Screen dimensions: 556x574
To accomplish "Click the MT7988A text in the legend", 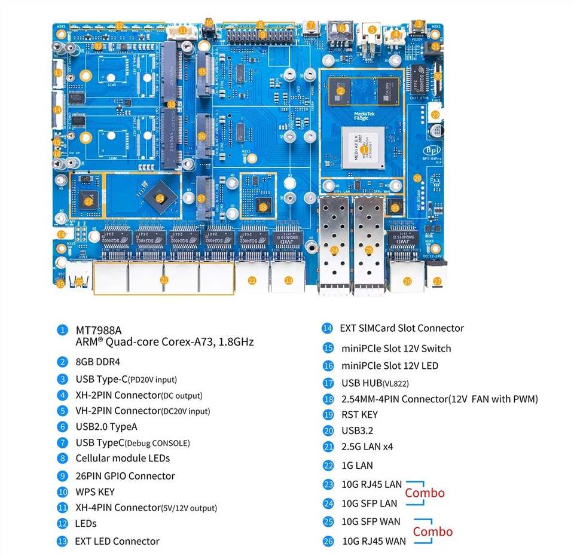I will click(x=99, y=330).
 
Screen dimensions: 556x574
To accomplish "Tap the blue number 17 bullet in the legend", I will click(x=328, y=383).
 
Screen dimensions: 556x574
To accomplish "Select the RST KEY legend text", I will click(x=360, y=415).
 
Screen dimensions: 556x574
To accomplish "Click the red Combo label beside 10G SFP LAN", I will click(x=425, y=493).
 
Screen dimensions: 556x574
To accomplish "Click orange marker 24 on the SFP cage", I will click(x=334, y=250).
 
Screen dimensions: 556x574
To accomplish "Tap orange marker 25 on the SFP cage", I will click(x=369, y=250).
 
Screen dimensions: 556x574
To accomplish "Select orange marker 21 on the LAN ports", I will click(x=164, y=279).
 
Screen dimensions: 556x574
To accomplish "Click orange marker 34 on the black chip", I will click(x=160, y=198).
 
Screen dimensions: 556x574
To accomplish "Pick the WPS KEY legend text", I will click(x=95, y=492).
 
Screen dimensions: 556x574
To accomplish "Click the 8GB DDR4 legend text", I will click(x=99, y=362).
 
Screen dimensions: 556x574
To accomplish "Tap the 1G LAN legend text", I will click(x=357, y=465).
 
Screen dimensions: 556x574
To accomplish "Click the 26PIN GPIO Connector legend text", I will click(x=125, y=476).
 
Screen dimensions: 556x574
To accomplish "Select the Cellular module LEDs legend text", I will click(x=123, y=459).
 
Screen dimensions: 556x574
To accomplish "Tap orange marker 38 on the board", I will click(x=263, y=207).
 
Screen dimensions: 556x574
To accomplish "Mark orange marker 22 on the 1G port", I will click(x=252, y=280).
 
